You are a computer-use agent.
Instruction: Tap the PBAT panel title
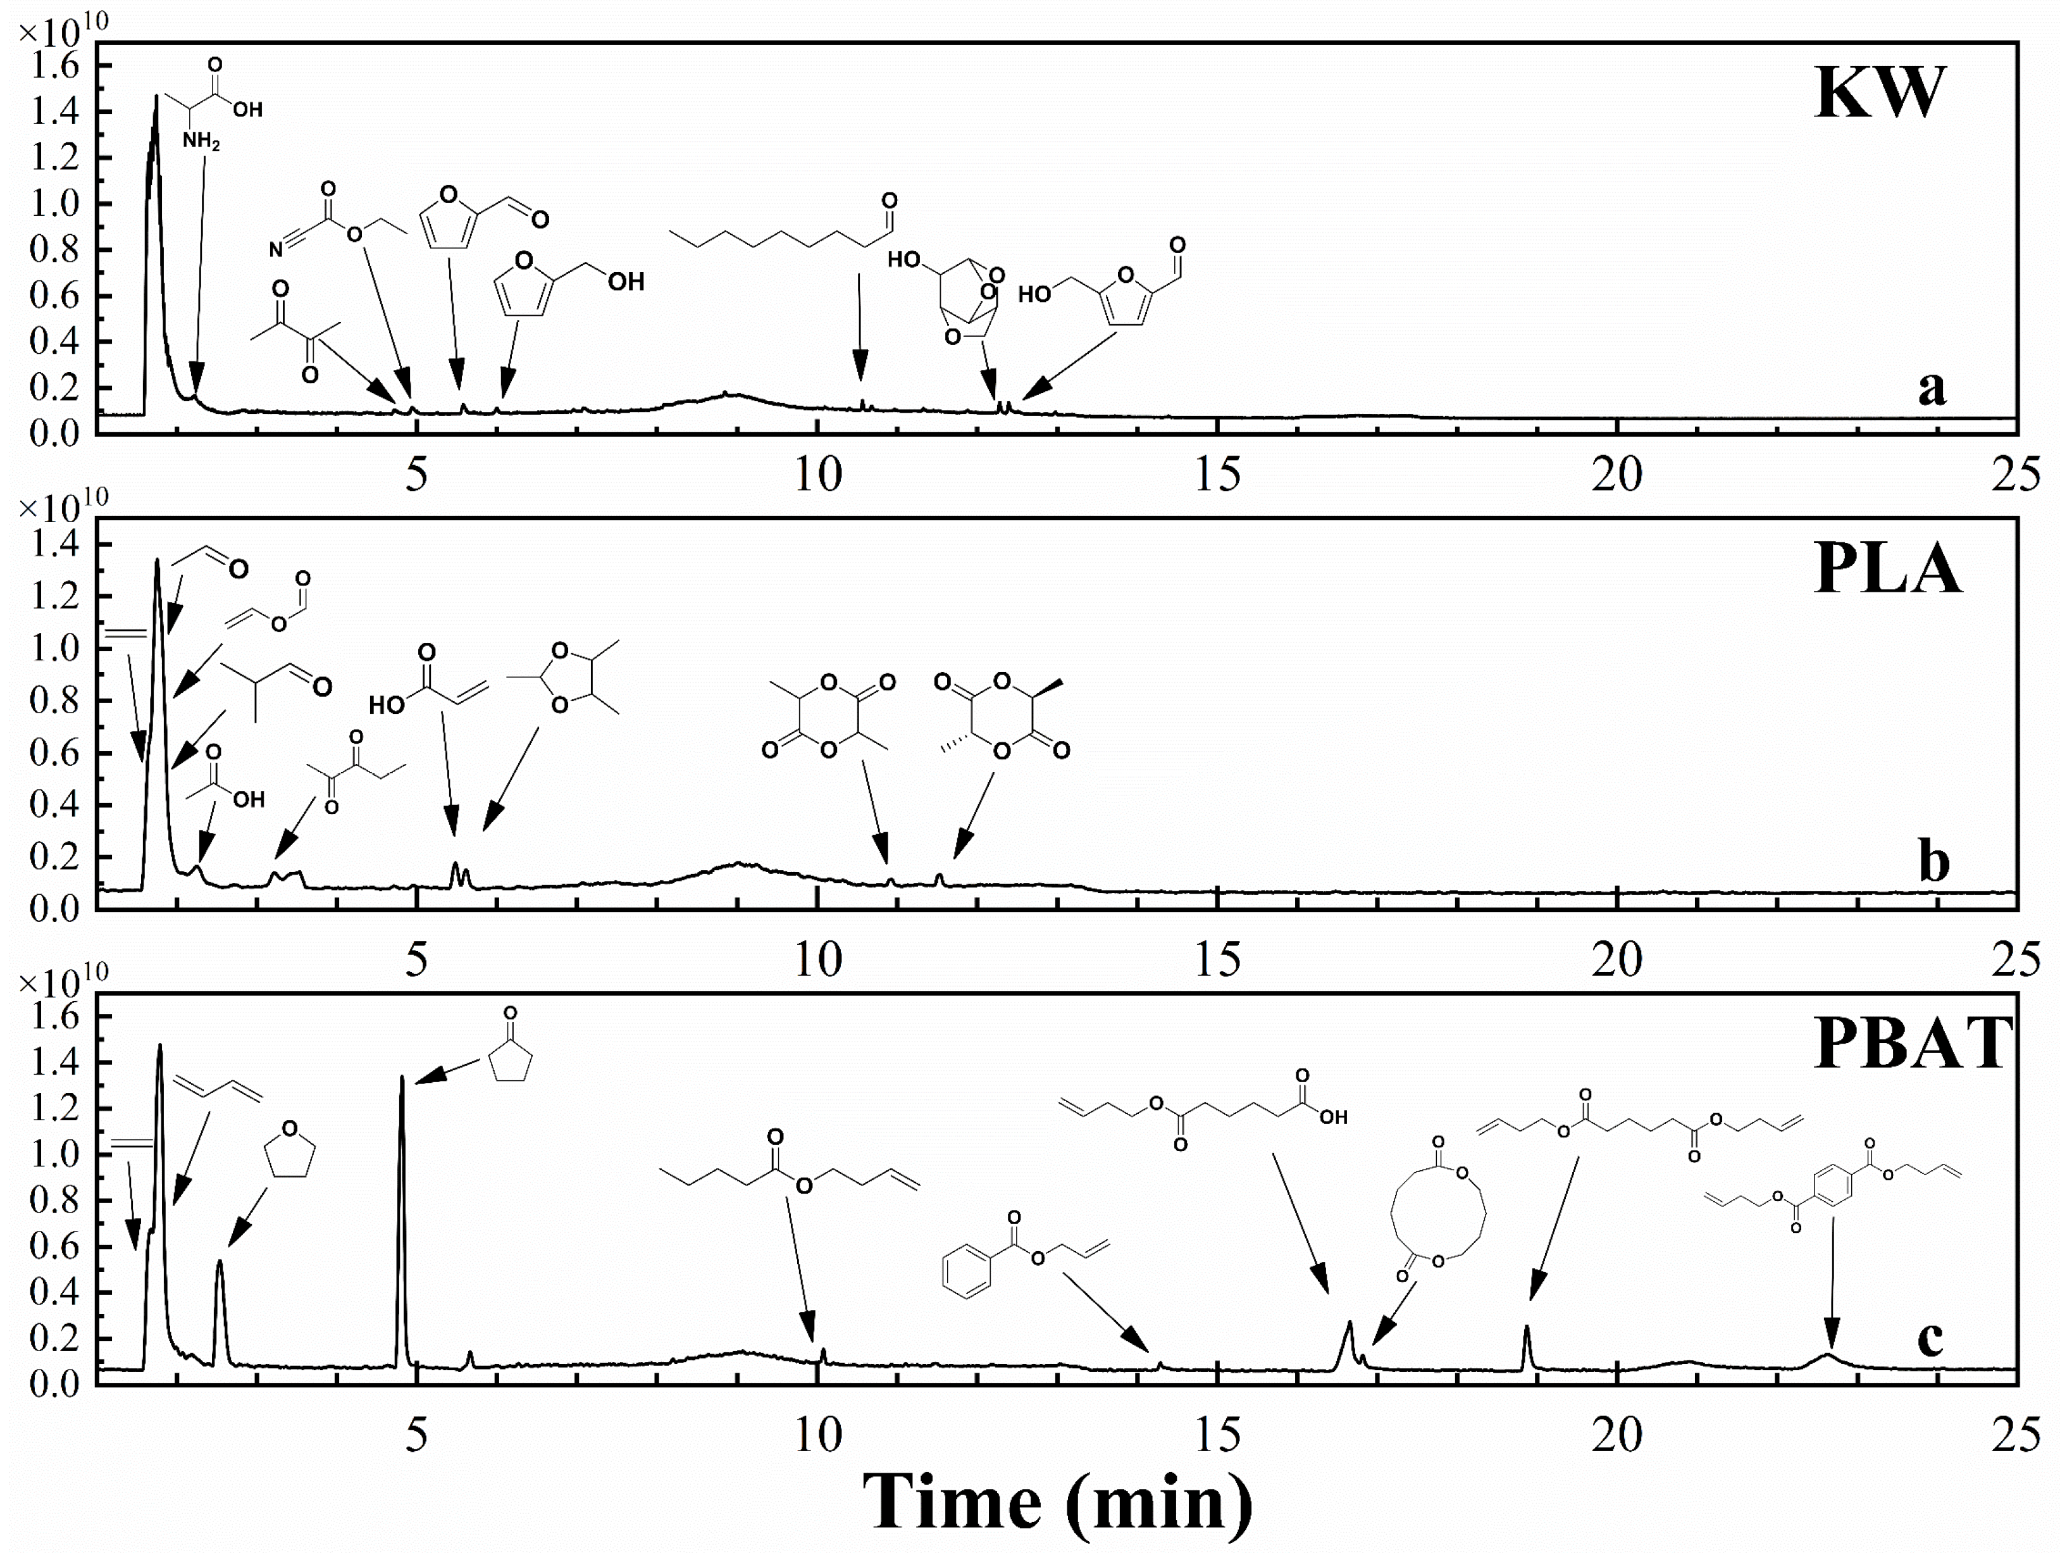(1914, 1043)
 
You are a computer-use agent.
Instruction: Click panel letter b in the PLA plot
(1933, 861)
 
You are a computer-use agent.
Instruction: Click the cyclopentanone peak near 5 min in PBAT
(401, 1080)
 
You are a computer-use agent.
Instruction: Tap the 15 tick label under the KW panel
(1217, 476)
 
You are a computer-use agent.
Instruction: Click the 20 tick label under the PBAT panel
(1616, 1434)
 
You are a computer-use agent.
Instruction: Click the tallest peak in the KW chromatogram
(156, 98)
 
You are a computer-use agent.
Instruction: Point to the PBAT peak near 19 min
(1527, 1329)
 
